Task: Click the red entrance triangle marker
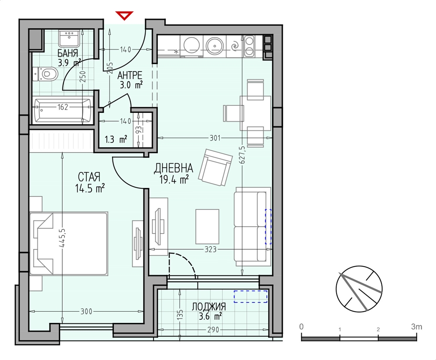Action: [x=125, y=15]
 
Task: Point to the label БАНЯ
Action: [x=68, y=53]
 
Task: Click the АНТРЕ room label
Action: [x=130, y=75]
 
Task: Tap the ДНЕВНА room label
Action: [x=174, y=168]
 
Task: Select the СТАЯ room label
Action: [x=89, y=177]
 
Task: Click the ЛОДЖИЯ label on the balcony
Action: [x=208, y=307]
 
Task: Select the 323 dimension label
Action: [x=211, y=249]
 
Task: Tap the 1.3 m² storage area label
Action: [x=116, y=139]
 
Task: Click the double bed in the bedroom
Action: [x=68, y=244]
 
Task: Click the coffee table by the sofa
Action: [x=207, y=227]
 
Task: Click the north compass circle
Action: [x=359, y=289]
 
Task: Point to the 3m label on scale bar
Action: [x=416, y=326]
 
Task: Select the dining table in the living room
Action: [x=255, y=113]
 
